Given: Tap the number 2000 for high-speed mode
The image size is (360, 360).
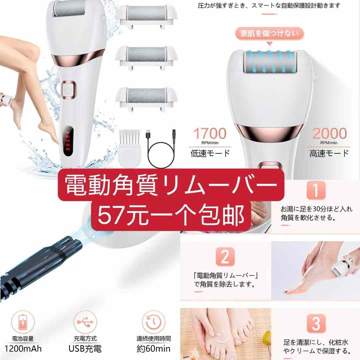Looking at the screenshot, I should tap(330, 134).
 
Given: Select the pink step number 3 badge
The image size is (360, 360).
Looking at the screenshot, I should tap(315, 323).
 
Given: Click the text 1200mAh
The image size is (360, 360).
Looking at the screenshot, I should tap(23, 349).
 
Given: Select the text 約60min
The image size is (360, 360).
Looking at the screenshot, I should tap(153, 349).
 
